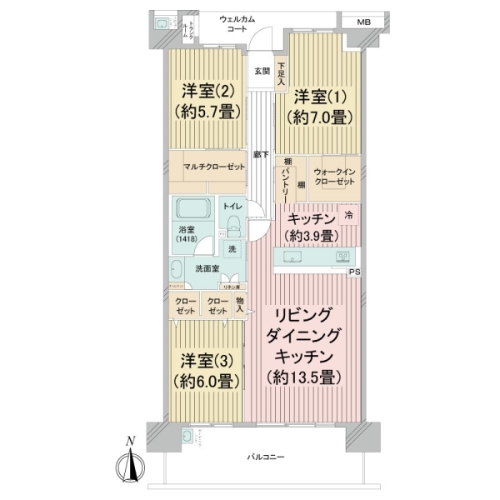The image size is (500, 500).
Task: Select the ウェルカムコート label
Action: (x=243, y=23)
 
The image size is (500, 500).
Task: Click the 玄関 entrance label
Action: (x=262, y=71)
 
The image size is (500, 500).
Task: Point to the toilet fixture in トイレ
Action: (x=234, y=225)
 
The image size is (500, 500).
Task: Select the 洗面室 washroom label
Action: (x=207, y=268)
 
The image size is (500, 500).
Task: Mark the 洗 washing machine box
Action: (x=232, y=249)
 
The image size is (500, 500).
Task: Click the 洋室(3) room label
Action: (x=208, y=361)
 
